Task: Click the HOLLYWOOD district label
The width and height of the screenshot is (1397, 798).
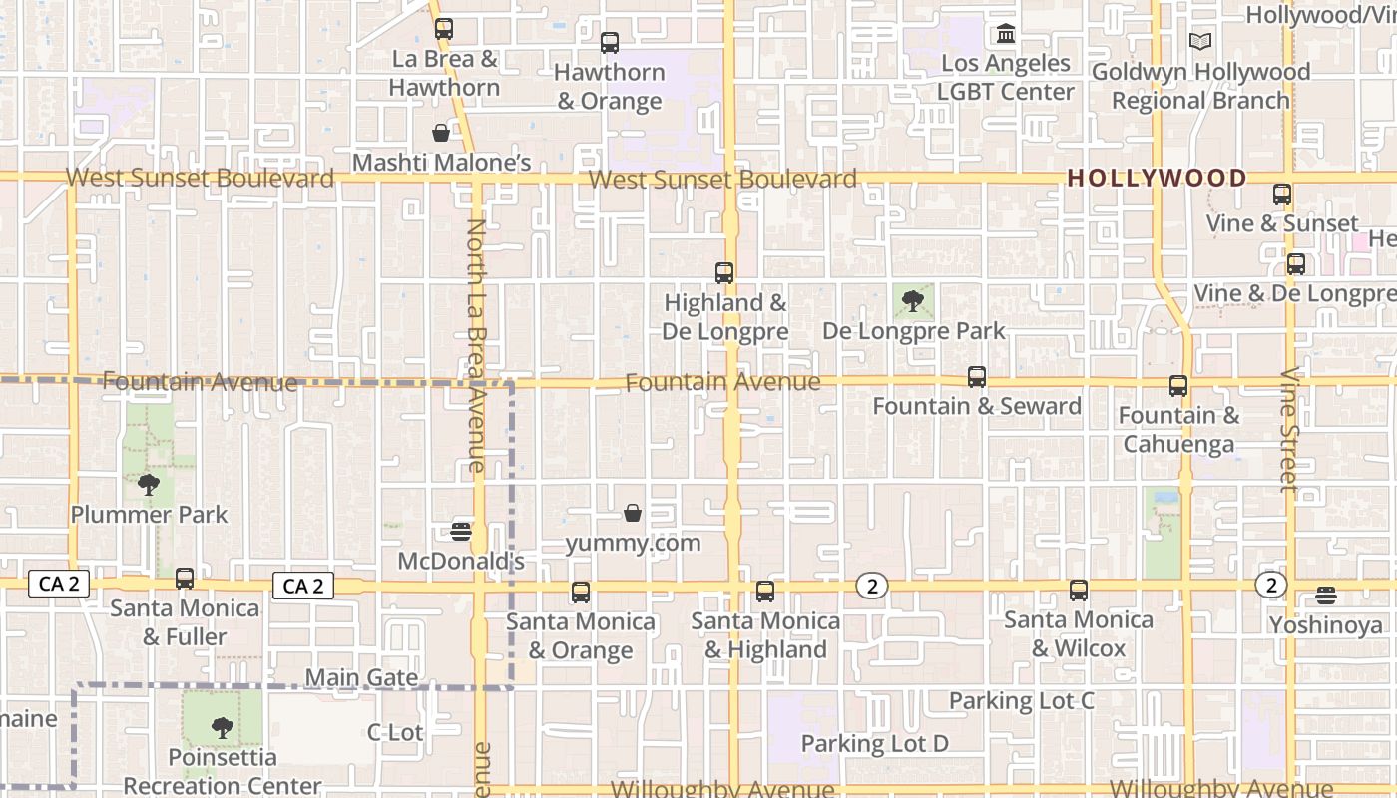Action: [x=1157, y=178]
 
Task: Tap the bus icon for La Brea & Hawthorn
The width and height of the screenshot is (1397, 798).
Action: [x=444, y=29]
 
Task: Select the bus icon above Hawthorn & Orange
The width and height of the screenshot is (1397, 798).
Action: [x=610, y=43]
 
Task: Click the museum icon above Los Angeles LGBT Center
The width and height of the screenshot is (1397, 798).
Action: [x=1006, y=35]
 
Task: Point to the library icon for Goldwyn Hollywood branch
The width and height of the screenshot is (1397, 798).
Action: [x=1200, y=42]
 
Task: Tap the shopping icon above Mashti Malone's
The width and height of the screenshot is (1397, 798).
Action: [x=441, y=133]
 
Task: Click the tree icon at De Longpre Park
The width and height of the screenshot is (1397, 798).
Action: [x=913, y=300]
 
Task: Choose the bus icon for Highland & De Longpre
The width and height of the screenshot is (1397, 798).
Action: [x=724, y=273]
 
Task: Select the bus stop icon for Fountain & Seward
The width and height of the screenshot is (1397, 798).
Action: [x=977, y=377]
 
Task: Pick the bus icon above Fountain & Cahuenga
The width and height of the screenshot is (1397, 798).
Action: [x=1178, y=386]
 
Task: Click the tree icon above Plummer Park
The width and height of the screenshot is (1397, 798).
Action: [x=149, y=486]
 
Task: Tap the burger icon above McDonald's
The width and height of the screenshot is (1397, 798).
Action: [x=461, y=531]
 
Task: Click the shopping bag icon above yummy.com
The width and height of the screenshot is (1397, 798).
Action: [x=633, y=514]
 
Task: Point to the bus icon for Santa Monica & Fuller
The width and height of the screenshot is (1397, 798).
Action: [x=185, y=579]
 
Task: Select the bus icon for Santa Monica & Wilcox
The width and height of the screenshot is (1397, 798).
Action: [x=1079, y=591]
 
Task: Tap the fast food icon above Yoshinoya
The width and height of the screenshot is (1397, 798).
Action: [x=1326, y=596]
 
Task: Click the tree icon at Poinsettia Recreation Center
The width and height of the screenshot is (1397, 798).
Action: [x=223, y=728]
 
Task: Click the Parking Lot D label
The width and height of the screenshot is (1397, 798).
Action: [x=875, y=743]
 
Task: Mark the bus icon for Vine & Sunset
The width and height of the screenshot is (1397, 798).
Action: [x=1282, y=195]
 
